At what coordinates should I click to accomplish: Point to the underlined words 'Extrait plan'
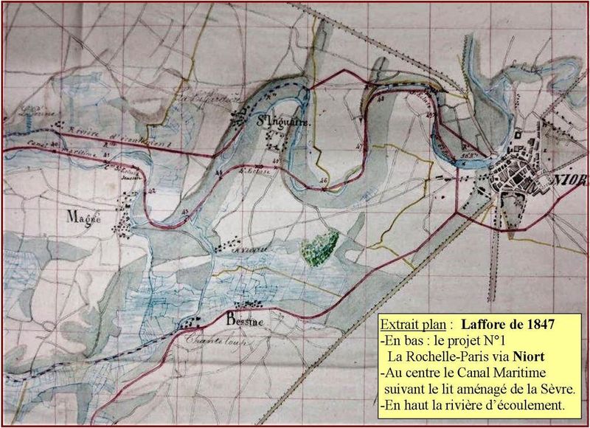413,323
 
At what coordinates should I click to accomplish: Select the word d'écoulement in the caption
526,405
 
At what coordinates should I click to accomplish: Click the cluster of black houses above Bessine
251,303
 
